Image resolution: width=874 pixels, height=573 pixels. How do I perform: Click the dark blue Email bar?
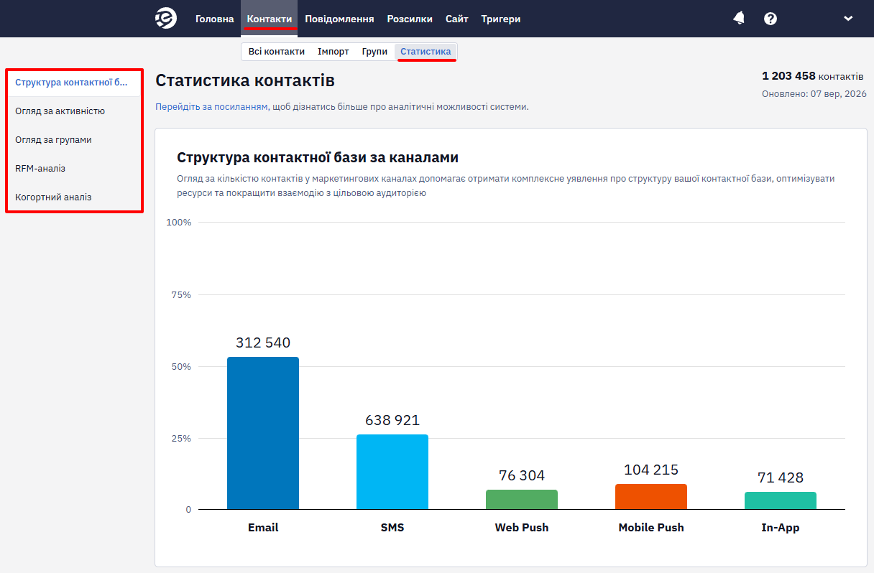click(263, 433)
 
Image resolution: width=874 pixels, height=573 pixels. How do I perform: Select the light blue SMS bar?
click(392, 472)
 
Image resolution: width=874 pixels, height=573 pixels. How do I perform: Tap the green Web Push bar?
click(522, 499)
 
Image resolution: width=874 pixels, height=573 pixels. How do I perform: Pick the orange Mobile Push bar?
click(650, 497)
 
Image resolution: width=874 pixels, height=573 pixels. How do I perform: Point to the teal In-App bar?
click(781, 500)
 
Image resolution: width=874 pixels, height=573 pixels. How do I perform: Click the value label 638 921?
click(392, 420)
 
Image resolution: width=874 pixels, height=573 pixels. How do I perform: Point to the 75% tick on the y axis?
click(181, 294)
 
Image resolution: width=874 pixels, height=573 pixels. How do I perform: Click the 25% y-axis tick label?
click(181, 439)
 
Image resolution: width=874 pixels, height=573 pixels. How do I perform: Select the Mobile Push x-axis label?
click(650, 527)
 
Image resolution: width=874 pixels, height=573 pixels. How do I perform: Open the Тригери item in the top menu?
click(500, 19)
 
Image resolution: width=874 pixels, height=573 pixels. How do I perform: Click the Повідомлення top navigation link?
click(339, 19)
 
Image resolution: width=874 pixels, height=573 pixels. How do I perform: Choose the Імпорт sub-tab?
click(333, 52)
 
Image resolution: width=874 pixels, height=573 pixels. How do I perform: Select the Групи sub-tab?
click(374, 52)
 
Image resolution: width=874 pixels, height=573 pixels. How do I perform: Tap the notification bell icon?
click(739, 19)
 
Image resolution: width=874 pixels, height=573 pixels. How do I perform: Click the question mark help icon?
click(770, 19)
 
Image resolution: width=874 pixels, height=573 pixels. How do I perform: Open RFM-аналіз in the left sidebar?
click(40, 169)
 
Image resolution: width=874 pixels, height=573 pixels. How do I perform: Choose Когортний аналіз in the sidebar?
click(53, 197)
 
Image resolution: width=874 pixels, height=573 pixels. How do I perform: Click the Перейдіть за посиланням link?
click(212, 106)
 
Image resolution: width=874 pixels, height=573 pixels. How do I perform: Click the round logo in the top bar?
click(166, 18)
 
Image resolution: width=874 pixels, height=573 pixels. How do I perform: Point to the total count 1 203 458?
click(788, 75)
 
